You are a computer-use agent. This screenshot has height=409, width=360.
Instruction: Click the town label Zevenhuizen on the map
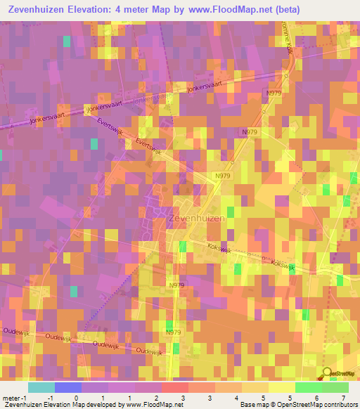point(197,219)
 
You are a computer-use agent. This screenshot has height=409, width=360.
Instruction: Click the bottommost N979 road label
point(174,332)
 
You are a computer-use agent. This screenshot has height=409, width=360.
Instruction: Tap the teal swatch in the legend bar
point(41,387)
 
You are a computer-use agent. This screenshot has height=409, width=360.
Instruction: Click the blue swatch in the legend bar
point(67,387)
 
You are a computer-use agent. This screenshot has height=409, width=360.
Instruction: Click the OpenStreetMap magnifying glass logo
point(328,373)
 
